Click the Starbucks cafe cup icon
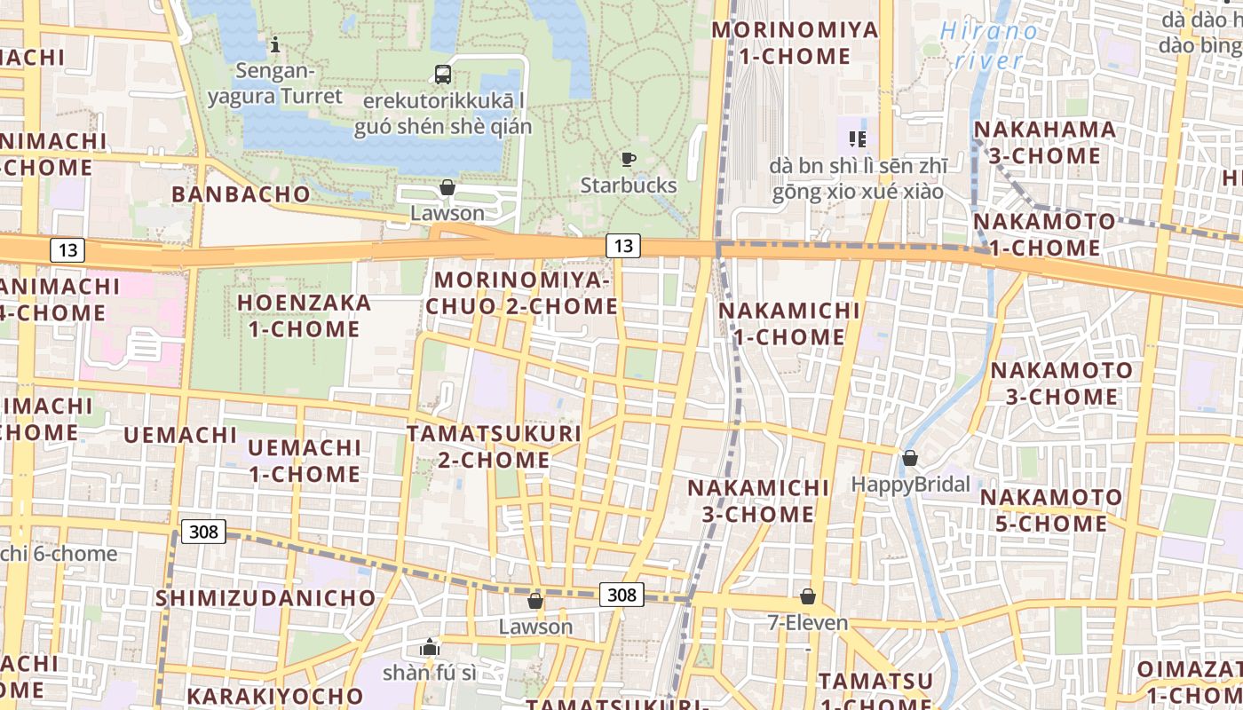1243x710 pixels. tap(629, 160)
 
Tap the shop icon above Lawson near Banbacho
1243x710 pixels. tap(447, 187)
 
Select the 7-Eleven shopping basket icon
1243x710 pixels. tap(808, 596)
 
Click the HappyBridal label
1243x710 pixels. tap(910, 485)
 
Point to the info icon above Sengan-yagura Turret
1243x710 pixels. tap(275, 43)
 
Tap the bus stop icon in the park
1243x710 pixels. tap(442, 75)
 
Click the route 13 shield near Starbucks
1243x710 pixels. tap(623, 246)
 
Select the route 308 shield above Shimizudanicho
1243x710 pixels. tap(203, 532)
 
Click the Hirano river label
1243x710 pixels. tap(987, 46)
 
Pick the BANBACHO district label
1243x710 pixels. tap(241, 194)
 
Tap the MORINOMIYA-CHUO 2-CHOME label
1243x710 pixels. tap(522, 294)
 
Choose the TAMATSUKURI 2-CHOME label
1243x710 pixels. tap(494, 447)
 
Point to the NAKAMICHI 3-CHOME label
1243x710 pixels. tap(758, 501)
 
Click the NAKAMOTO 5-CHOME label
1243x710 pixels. tap(1051, 510)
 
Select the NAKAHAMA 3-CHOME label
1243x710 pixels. tap(1045, 143)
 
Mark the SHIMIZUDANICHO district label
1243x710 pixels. tap(266, 598)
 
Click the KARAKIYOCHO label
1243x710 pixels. tap(270, 695)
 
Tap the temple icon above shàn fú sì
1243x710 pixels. tap(430, 647)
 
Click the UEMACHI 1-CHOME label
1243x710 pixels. tap(304, 461)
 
